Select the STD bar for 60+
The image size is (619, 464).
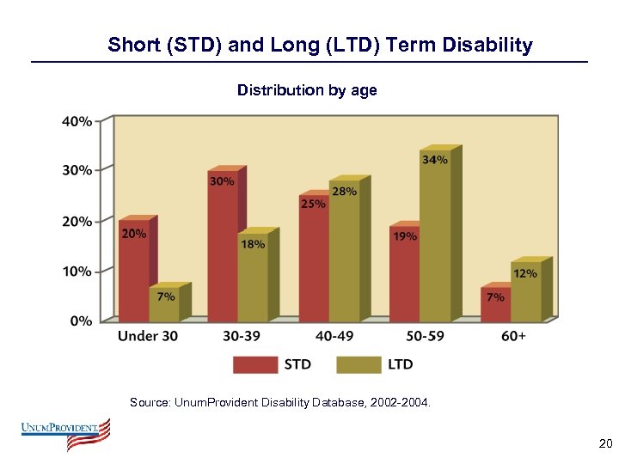click(x=495, y=305)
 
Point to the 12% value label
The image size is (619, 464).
click(x=525, y=273)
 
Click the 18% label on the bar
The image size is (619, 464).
click(x=253, y=244)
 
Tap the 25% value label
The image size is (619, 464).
click(x=313, y=204)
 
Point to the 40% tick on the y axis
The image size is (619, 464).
click(x=77, y=121)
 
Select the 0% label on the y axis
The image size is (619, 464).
click(x=81, y=321)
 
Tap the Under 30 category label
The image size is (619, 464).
click(x=148, y=336)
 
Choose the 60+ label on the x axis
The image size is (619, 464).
click(x=512, y=336)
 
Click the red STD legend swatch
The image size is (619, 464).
click(x=255, y=364)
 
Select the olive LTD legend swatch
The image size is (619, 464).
click(x=358, y=364)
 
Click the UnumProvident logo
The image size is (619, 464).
click(x=66, y=433)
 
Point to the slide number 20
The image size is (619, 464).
click(x=605, y=443)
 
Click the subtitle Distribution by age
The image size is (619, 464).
click(x=307, y=90)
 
